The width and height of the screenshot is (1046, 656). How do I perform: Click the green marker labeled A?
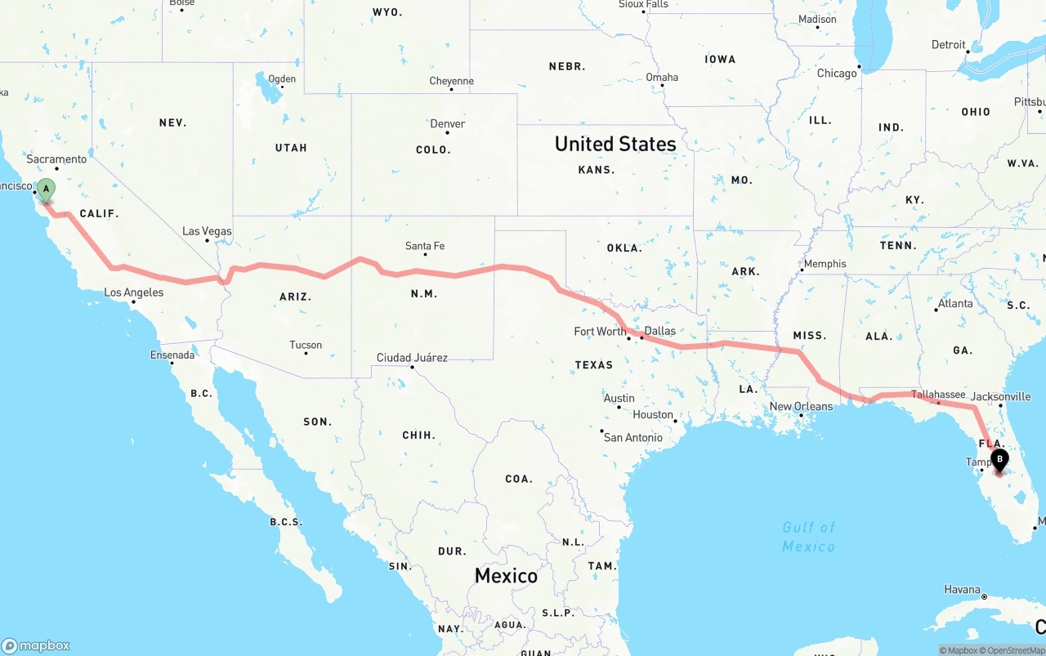pos(47,190)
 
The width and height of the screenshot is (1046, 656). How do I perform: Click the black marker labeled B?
pos(999,459)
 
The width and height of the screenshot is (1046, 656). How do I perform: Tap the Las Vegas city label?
pos(207,231)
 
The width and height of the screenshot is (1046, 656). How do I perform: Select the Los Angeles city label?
pos(134,292)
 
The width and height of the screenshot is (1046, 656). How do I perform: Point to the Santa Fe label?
pos(425,246)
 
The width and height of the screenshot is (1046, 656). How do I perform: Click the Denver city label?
pos(448,124)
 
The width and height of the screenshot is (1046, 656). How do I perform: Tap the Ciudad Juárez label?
pos(412,358)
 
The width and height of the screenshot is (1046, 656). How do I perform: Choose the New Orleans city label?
pos(801,406)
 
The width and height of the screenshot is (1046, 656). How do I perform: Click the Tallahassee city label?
pos(938,395)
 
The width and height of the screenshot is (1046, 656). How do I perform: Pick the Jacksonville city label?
pos(1001,397)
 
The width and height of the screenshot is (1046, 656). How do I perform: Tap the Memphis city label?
pos(825,264)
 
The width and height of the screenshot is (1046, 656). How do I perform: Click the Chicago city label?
pos(837,74)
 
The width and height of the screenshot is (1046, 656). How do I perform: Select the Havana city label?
pos(962,589)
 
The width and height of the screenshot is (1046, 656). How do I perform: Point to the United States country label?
pos(615,144)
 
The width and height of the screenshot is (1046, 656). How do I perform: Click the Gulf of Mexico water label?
pos(809,537)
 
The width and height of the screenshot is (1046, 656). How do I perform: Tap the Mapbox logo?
pos(36,645)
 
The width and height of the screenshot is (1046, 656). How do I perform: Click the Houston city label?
pos(653,414)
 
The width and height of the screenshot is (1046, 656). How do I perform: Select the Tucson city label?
pos(306,345)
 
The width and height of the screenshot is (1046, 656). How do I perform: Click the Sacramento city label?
pos(56,159)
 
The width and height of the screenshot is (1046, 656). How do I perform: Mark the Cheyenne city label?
pos(451,81)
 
